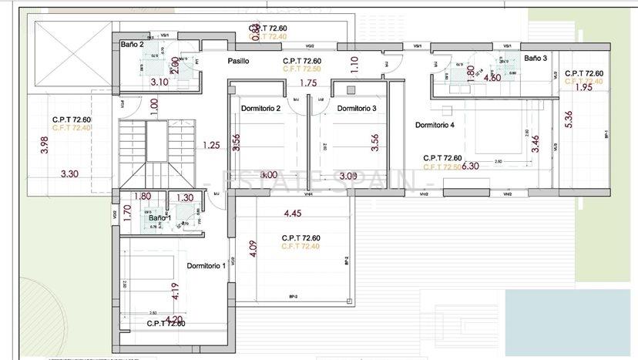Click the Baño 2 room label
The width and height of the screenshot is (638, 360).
point(133,45)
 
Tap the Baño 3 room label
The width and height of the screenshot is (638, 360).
point(536,59)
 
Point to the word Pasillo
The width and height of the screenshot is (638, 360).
point(238,61)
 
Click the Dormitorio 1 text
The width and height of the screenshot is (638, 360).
point(206,266)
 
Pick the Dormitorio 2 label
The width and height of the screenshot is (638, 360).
point(260,108)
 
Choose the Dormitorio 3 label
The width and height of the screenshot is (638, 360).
point(357,108)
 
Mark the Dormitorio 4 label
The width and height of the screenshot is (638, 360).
point(435,125)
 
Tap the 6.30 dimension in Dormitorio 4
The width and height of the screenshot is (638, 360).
point(469,166)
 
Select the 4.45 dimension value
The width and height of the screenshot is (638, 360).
point(292,214)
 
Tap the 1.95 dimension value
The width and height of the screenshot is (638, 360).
point(584,88)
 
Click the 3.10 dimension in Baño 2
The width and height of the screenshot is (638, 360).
point(159,82)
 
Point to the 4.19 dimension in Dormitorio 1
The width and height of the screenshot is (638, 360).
point(175,291)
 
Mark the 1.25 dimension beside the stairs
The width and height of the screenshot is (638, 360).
point(211,144)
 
